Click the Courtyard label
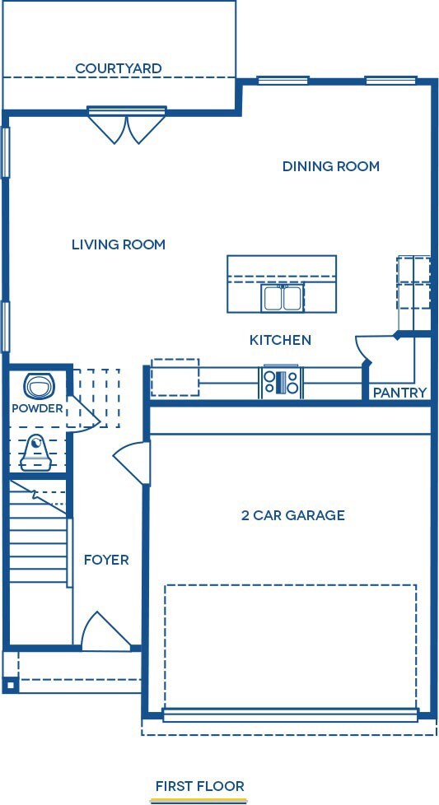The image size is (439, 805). (118, 68)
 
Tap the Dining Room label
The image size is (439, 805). (330, 166)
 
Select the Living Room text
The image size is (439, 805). (118, 244)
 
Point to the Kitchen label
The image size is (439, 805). (280, 340)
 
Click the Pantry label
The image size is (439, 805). (399, 393)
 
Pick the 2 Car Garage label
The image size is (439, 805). (292, 516)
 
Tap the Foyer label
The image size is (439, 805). (106, 560)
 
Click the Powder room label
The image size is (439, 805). (37, 408)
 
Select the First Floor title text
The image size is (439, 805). (200, 786)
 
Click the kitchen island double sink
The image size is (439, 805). (283, 297)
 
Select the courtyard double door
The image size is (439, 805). (127, 127)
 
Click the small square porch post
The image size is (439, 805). (10, 684)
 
